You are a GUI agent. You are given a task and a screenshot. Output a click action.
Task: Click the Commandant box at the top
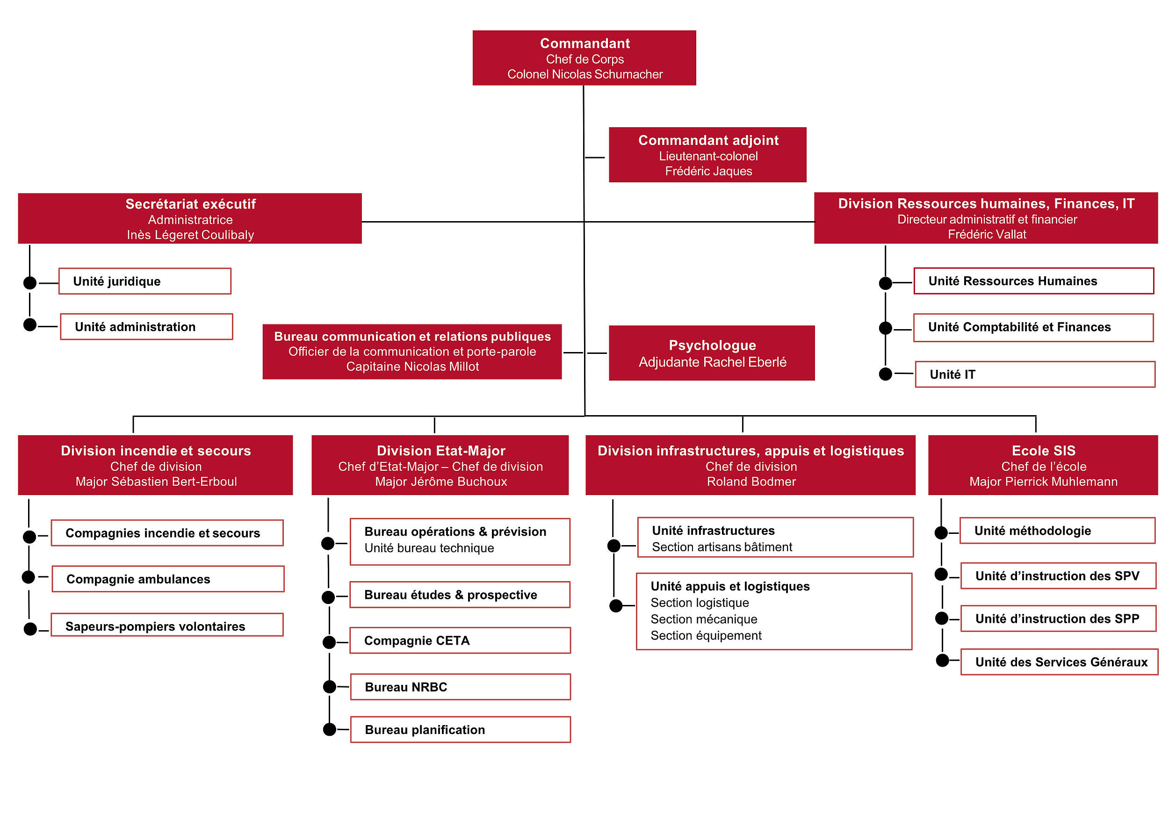[584, 58]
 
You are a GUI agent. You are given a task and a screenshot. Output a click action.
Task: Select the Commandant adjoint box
[707, 155]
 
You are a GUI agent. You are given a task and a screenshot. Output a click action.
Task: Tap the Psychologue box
[712, 353]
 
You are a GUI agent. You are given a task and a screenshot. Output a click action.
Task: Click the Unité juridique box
[145, 281]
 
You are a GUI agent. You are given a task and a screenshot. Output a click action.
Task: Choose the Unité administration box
[147, 326]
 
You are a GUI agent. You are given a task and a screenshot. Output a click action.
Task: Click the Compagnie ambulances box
[168, 579]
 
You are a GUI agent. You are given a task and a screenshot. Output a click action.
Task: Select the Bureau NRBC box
[461, 687]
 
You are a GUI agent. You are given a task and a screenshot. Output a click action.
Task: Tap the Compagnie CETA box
[460, 640]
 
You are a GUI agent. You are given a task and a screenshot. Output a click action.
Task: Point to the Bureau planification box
[461, 730]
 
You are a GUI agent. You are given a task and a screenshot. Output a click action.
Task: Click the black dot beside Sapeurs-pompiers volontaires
[30, 629]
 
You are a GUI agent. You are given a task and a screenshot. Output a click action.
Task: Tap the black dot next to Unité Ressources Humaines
[886, 283]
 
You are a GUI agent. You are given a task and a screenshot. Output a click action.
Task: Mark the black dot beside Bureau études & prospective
[329, 597]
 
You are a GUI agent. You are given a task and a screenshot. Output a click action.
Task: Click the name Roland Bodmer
[751, 482]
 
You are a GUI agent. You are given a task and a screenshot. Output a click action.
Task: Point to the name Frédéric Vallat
[987, 234]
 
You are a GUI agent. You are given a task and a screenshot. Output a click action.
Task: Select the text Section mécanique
[704, 619]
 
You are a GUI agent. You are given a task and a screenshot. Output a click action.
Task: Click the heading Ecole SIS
[1044, 451]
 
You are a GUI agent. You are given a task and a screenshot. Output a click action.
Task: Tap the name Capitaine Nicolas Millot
[412, 367]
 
